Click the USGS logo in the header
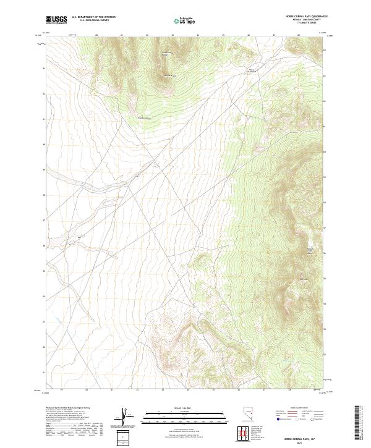(x=56, y=20)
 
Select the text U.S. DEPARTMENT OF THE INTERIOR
(x=93, y=17)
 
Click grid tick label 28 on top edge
(x=299, y=35)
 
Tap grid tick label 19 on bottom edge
(x=62, y=390)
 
